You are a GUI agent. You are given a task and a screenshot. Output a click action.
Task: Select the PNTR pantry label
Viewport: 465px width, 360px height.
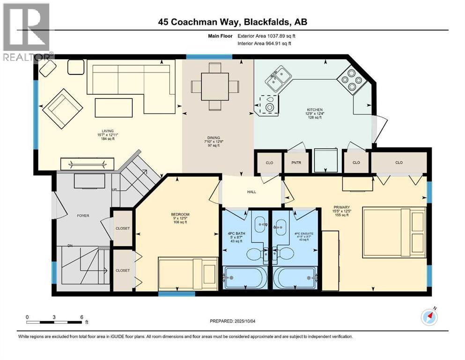[295, 163]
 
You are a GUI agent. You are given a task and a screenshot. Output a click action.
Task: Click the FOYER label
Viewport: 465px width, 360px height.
[83, 216]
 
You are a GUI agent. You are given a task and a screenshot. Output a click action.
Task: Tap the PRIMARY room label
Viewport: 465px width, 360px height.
[339, 207]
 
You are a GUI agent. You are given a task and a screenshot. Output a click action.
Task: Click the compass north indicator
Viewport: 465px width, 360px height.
[429, 317]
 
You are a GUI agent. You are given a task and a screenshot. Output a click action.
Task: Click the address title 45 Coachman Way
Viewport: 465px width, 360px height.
[232, 22]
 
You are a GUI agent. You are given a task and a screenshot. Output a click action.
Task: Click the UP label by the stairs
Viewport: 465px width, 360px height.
[114, 190]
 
